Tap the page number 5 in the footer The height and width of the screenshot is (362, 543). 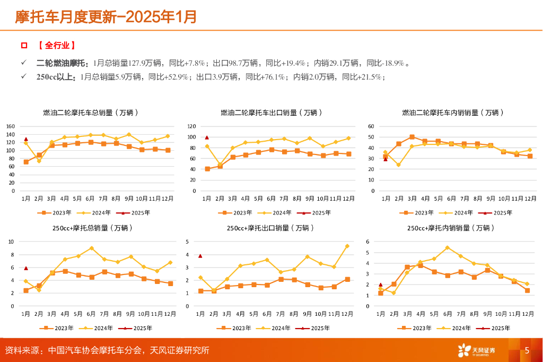tap(527, 350)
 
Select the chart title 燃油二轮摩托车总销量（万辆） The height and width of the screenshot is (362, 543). tap(91, 113)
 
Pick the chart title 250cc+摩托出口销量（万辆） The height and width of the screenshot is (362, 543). tap(270, 228)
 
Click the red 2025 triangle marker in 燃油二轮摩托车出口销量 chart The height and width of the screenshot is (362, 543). tap(207, 137)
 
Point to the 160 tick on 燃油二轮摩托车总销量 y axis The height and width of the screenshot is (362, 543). tap(10, 126)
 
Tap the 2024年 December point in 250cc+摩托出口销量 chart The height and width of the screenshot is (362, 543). tap(348, 246)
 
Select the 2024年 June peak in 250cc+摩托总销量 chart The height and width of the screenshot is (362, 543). tap(92, 248)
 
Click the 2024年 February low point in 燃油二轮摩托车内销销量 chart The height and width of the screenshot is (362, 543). tap(398, 165)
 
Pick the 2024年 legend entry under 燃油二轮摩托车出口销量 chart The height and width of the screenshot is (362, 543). tap(278, 212)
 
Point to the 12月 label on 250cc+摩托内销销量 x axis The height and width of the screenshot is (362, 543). tap(528, 314)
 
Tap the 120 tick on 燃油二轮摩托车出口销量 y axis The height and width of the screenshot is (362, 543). tap(191, 126)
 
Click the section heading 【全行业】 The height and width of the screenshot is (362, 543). tap(56, 46)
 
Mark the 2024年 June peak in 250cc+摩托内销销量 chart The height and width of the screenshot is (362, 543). tap(447, 247)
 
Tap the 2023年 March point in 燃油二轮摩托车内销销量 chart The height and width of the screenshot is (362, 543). tap(411, 137)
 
